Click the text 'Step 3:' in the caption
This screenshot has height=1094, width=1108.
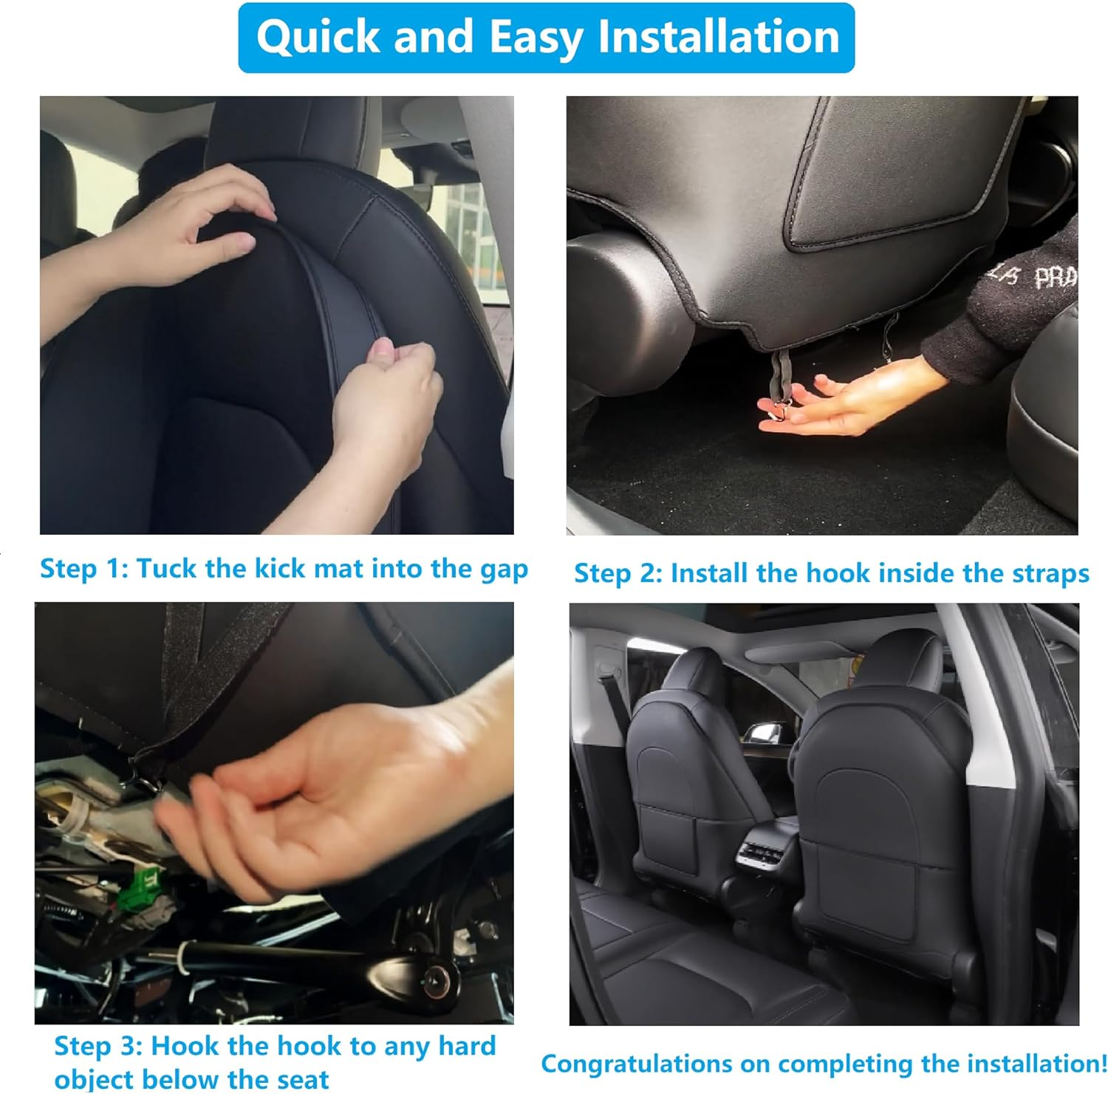pos(98,1047)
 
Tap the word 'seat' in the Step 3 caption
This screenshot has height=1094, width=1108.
pos(303,1079)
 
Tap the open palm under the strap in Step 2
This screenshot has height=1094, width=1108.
pos(842,406)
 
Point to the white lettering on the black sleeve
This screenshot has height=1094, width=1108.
pos(1034,277)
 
